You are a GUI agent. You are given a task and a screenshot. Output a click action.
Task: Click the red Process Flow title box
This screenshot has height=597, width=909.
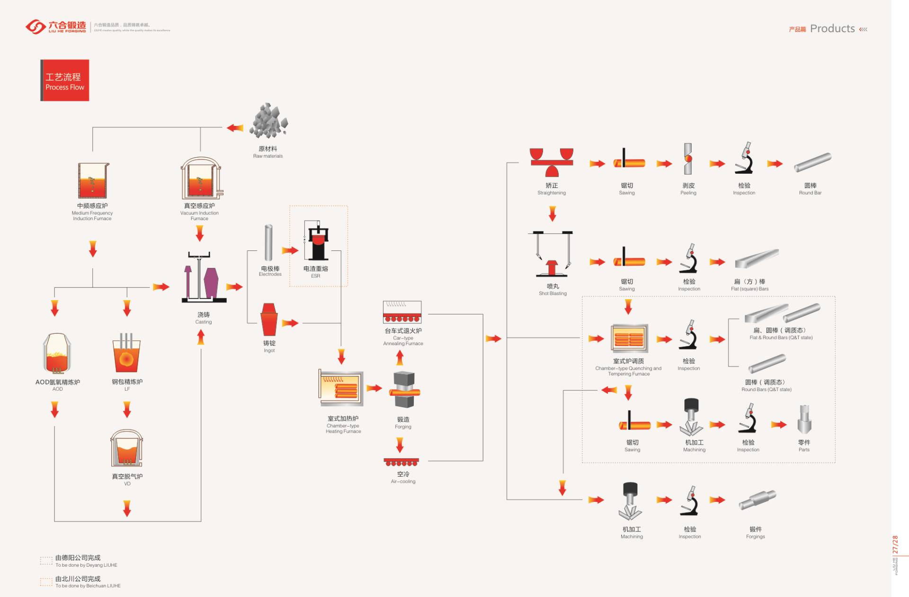coord(65,80)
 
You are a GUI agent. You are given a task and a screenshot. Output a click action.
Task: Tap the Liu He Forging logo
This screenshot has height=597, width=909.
coord(56,27)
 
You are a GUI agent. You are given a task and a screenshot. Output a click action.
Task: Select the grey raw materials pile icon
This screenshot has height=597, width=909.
coord(268,121)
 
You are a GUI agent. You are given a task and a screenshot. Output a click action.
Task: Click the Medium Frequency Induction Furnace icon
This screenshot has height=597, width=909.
coord(93,180)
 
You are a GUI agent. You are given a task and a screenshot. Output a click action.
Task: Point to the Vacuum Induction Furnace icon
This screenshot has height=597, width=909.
coord(201,178)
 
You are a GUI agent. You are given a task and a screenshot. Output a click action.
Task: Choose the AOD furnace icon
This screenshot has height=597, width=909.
coord(57,353)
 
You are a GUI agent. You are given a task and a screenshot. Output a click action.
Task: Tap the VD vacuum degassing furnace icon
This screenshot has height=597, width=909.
coord(126,449)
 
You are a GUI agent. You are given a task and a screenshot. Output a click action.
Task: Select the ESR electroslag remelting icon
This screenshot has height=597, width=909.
coord(316,241)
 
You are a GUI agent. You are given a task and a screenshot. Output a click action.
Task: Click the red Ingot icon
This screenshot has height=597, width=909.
coord(269,320)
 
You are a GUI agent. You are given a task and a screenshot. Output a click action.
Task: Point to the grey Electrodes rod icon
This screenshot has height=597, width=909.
coord(268,242)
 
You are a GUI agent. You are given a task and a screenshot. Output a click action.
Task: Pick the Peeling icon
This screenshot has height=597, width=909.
coord(688,159)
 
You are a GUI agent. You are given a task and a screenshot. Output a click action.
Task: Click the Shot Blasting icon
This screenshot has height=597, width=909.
coord(552,254)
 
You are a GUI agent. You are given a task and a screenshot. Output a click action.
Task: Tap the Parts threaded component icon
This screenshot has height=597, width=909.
coord(804,419)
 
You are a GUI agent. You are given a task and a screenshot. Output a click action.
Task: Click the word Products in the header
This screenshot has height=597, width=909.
coord(832,28)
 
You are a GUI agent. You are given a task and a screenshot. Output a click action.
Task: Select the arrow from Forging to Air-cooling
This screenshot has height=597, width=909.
coord(400,445)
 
